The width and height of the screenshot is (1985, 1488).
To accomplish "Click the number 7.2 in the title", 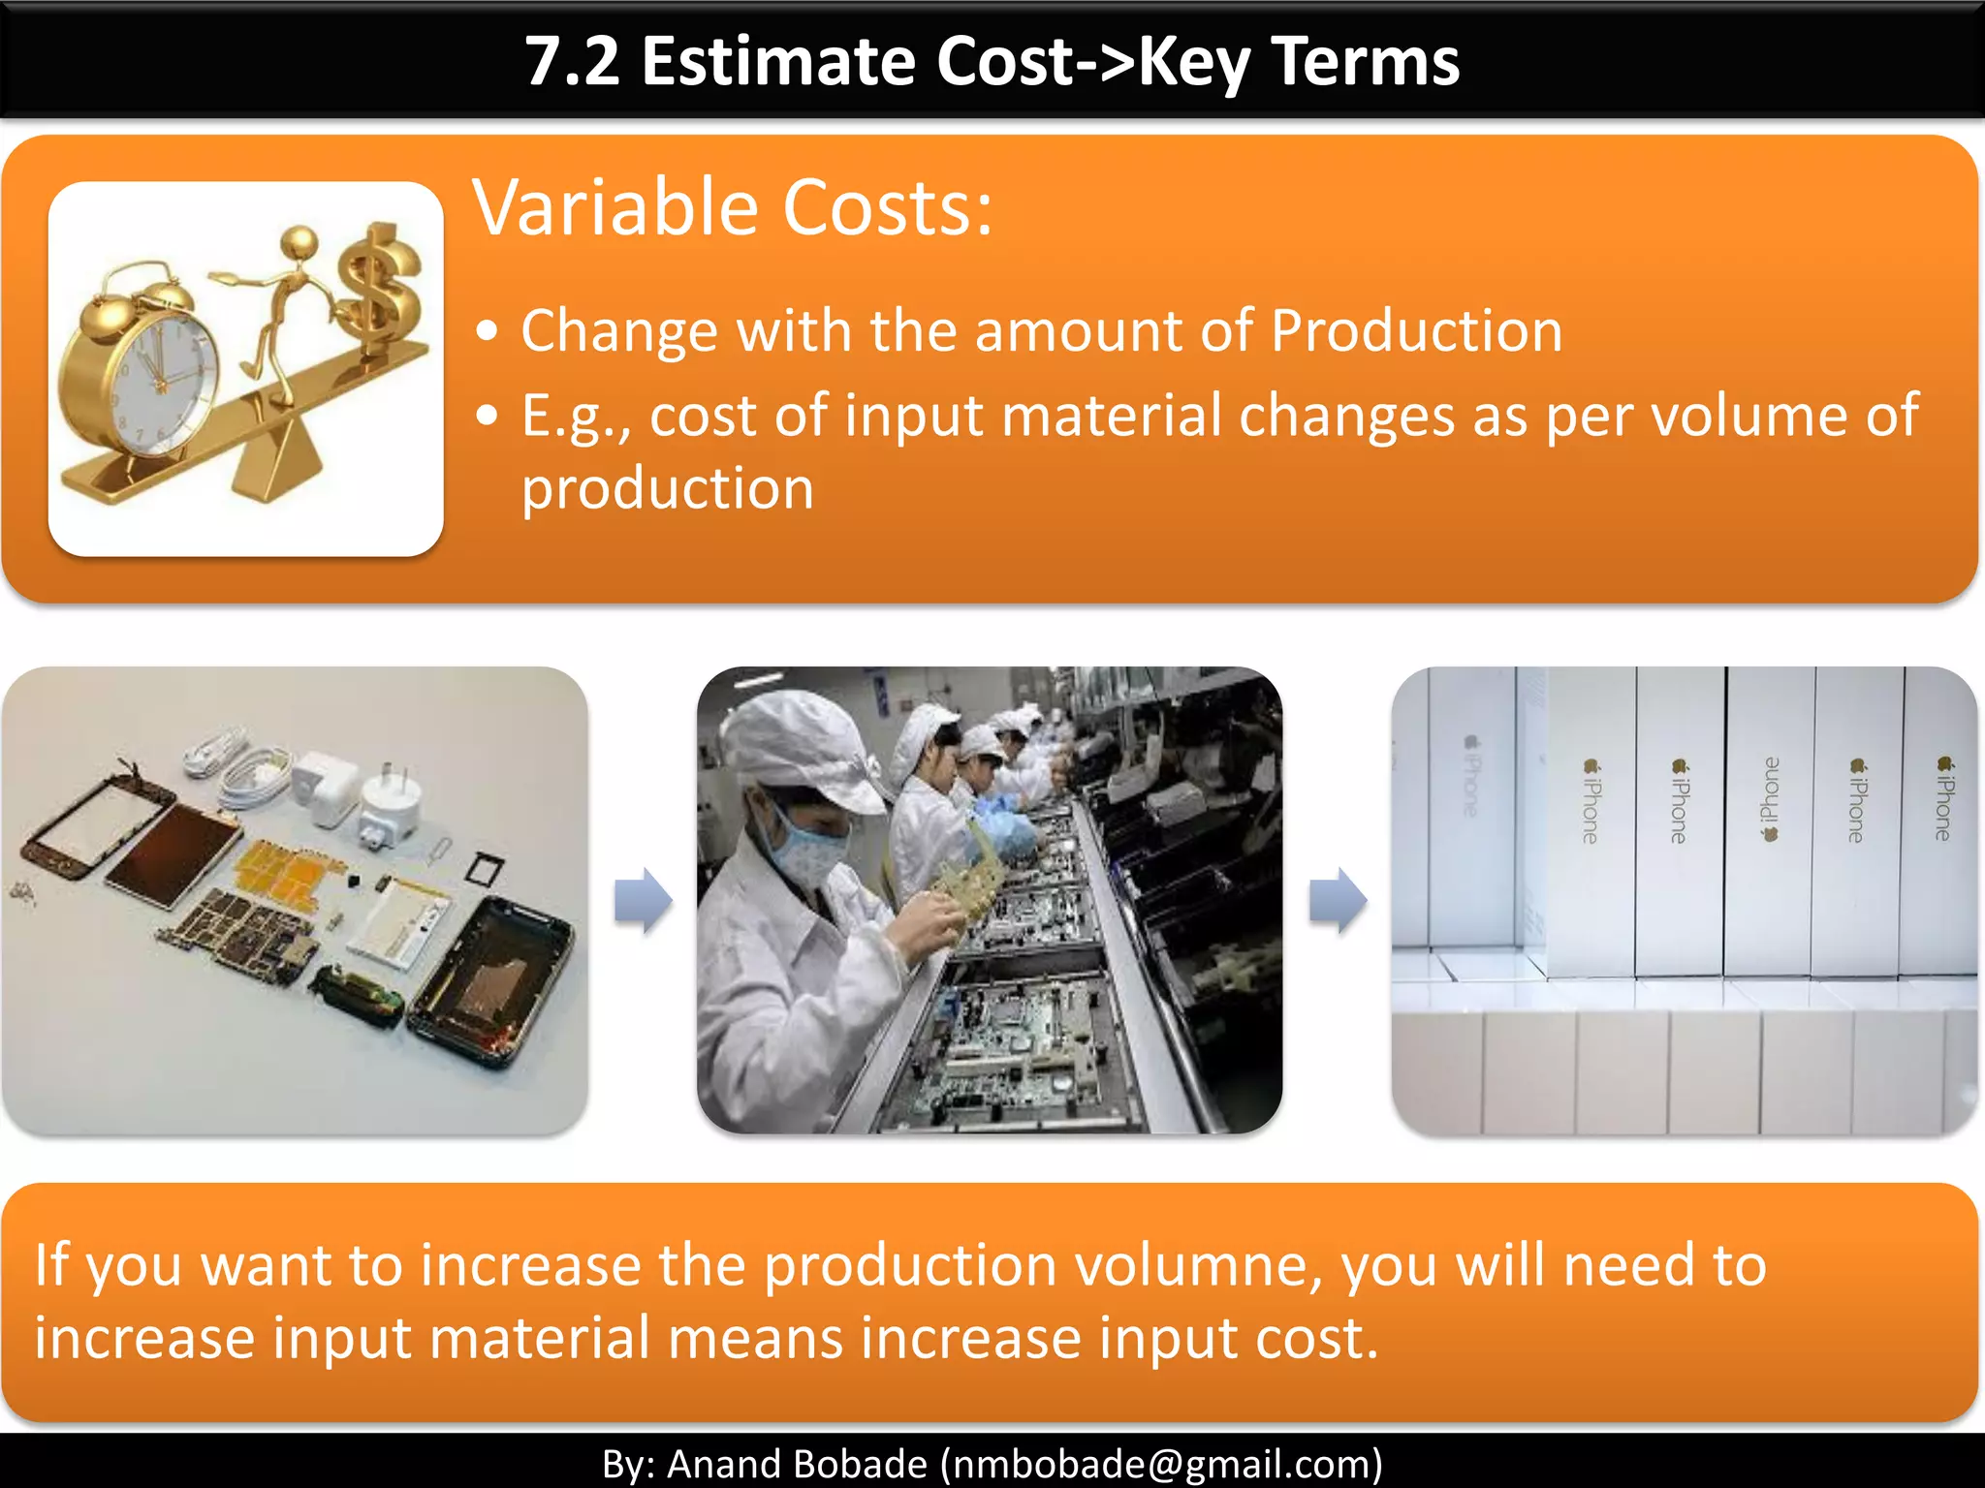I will tap(572, 62).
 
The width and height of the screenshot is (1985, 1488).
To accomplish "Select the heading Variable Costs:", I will tap(733, 208).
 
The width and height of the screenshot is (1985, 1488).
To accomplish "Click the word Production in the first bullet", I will tap(1416, 331).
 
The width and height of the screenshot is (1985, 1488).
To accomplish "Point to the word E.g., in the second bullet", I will tap(576, 417).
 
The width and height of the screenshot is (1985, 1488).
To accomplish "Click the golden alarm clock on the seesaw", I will tap(141, 373).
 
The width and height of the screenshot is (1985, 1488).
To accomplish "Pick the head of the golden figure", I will tap(300, 241).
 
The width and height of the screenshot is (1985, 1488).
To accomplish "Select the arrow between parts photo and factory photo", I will tap(644, 900).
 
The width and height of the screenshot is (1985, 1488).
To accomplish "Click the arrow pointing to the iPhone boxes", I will tap(1339, 900).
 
